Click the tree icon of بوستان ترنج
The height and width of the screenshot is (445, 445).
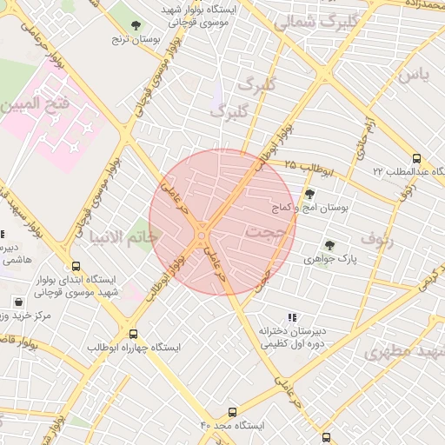(135, 25)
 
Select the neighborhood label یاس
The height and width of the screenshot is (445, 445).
(415, 75)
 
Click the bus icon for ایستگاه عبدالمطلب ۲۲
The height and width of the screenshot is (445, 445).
(416, 159)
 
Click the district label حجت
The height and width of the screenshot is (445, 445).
(263, 233)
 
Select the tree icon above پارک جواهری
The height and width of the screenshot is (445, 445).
(329, 246)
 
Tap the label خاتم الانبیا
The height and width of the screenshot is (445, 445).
(123, 236)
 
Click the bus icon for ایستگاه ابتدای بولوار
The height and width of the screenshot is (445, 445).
(76, 267)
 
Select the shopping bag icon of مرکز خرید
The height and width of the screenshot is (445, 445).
(18, 302)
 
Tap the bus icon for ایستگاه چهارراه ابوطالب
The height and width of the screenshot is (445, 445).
(133, 333)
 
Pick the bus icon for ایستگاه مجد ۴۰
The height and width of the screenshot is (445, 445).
(232, 412)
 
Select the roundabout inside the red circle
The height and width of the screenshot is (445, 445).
(203, 233)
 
